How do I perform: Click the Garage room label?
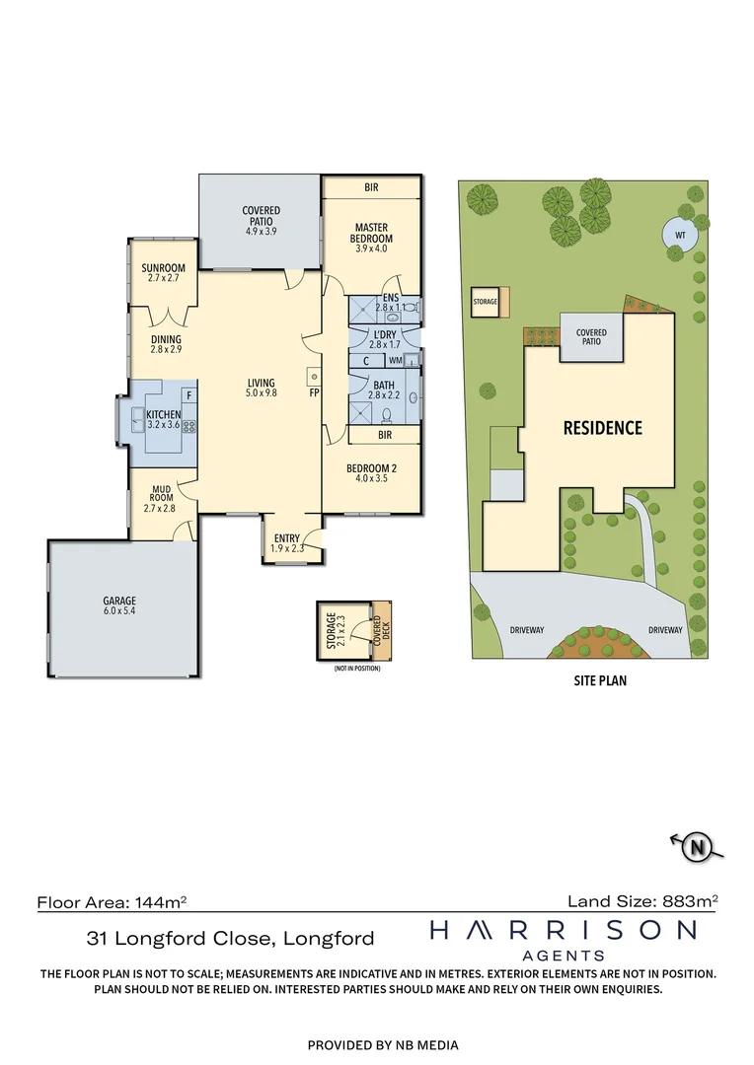pos(119,605)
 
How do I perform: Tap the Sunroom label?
pos(163,272)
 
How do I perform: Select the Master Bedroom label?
pos(371,238)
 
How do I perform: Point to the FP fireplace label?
pos(314,392)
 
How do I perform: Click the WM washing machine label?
pos(396,360)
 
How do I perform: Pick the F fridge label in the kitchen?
pos(189,395)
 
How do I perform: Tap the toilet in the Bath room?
pos(387,414)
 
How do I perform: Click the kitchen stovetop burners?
pos(189,427)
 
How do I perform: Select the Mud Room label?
pos(161,498)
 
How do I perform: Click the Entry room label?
pos(287,543)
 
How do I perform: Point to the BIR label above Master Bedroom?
pos(371,187)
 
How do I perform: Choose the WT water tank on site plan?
pos(680,235)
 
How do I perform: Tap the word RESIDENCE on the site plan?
pos(602,428)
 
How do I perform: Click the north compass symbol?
pos(697,847)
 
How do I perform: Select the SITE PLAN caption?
pos(600,680)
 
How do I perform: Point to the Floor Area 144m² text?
pos(112,902)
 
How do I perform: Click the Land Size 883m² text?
pos(642,901)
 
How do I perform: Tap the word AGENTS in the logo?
pos(564,956)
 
